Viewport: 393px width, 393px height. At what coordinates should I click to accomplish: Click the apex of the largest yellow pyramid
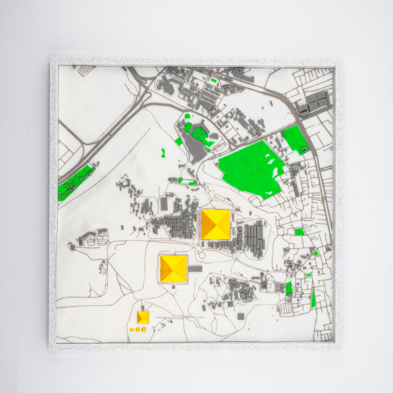216,225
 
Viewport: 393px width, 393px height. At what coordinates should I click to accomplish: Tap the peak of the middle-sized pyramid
173,269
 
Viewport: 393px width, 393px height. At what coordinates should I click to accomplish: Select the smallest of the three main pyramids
143,317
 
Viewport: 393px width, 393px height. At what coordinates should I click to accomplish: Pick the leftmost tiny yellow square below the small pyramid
132,330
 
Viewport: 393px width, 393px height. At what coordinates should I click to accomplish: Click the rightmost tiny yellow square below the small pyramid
144,329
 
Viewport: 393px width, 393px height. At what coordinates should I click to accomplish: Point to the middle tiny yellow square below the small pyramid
138,329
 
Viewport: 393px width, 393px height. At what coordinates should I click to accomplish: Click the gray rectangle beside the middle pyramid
195,269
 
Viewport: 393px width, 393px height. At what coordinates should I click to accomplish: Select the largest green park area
249,169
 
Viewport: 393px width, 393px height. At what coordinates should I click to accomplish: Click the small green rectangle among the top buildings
213,80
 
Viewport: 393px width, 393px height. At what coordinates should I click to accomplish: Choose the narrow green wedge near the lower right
313,298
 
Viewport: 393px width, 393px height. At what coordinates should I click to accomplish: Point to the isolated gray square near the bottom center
241,316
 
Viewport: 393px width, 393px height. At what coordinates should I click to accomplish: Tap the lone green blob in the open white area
163,153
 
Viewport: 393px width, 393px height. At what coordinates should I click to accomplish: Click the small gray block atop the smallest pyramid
143,308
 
